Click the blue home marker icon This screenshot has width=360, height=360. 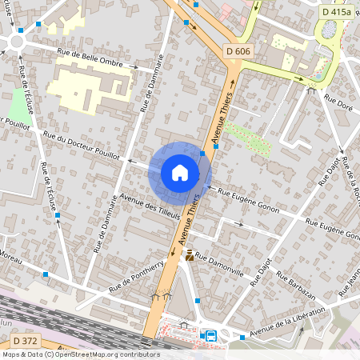(x=179, y=173)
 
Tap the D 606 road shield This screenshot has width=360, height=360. (x=236, y=52)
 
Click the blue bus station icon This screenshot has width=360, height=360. (x=211, y=336)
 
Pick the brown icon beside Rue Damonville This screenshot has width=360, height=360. (x=190, y=256)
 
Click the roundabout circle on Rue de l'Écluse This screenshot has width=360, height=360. (x=19, y=40)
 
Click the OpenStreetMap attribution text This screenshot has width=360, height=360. (x=81, y=354)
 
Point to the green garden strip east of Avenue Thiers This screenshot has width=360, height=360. (x=247, y=138)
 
